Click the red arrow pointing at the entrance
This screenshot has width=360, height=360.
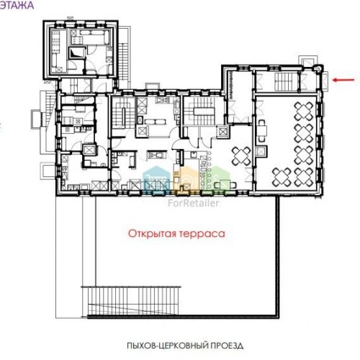343,80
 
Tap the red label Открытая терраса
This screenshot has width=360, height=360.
176,233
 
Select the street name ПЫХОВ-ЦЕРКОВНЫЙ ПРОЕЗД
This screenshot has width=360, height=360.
185,346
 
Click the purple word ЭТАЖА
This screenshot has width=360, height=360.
17,5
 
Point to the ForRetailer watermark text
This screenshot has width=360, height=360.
194,203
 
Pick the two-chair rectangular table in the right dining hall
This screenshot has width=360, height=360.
262,130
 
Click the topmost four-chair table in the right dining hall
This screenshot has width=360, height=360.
304,111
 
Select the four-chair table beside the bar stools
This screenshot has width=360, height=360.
241,156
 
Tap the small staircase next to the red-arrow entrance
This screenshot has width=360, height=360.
287,82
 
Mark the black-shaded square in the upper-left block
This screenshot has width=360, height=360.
77,53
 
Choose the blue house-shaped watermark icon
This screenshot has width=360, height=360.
156,178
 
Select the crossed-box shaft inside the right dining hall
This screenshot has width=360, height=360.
261,152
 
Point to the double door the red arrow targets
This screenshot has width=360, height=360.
325,81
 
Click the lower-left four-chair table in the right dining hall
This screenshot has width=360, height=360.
282,177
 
